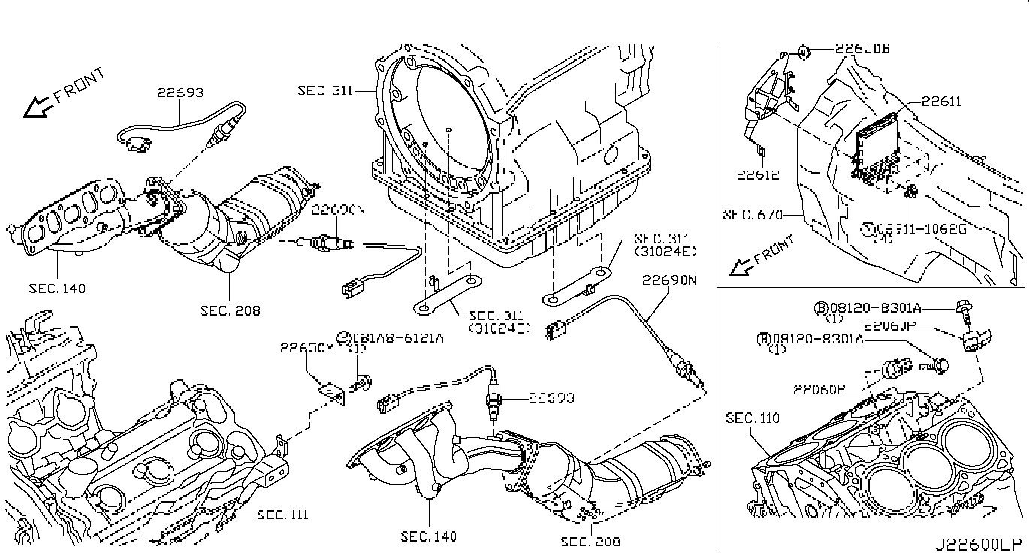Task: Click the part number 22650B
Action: click(863, 48)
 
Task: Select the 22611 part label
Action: click(942, 101)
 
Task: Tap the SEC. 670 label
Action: click(750, 215)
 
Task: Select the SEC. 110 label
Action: click(753, 418)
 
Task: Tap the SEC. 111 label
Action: click(282, 515)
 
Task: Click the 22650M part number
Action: click(307, 348)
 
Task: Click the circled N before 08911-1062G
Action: click(868, 228)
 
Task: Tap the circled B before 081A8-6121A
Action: click(344, 338)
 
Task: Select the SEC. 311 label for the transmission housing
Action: click(324, 90)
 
